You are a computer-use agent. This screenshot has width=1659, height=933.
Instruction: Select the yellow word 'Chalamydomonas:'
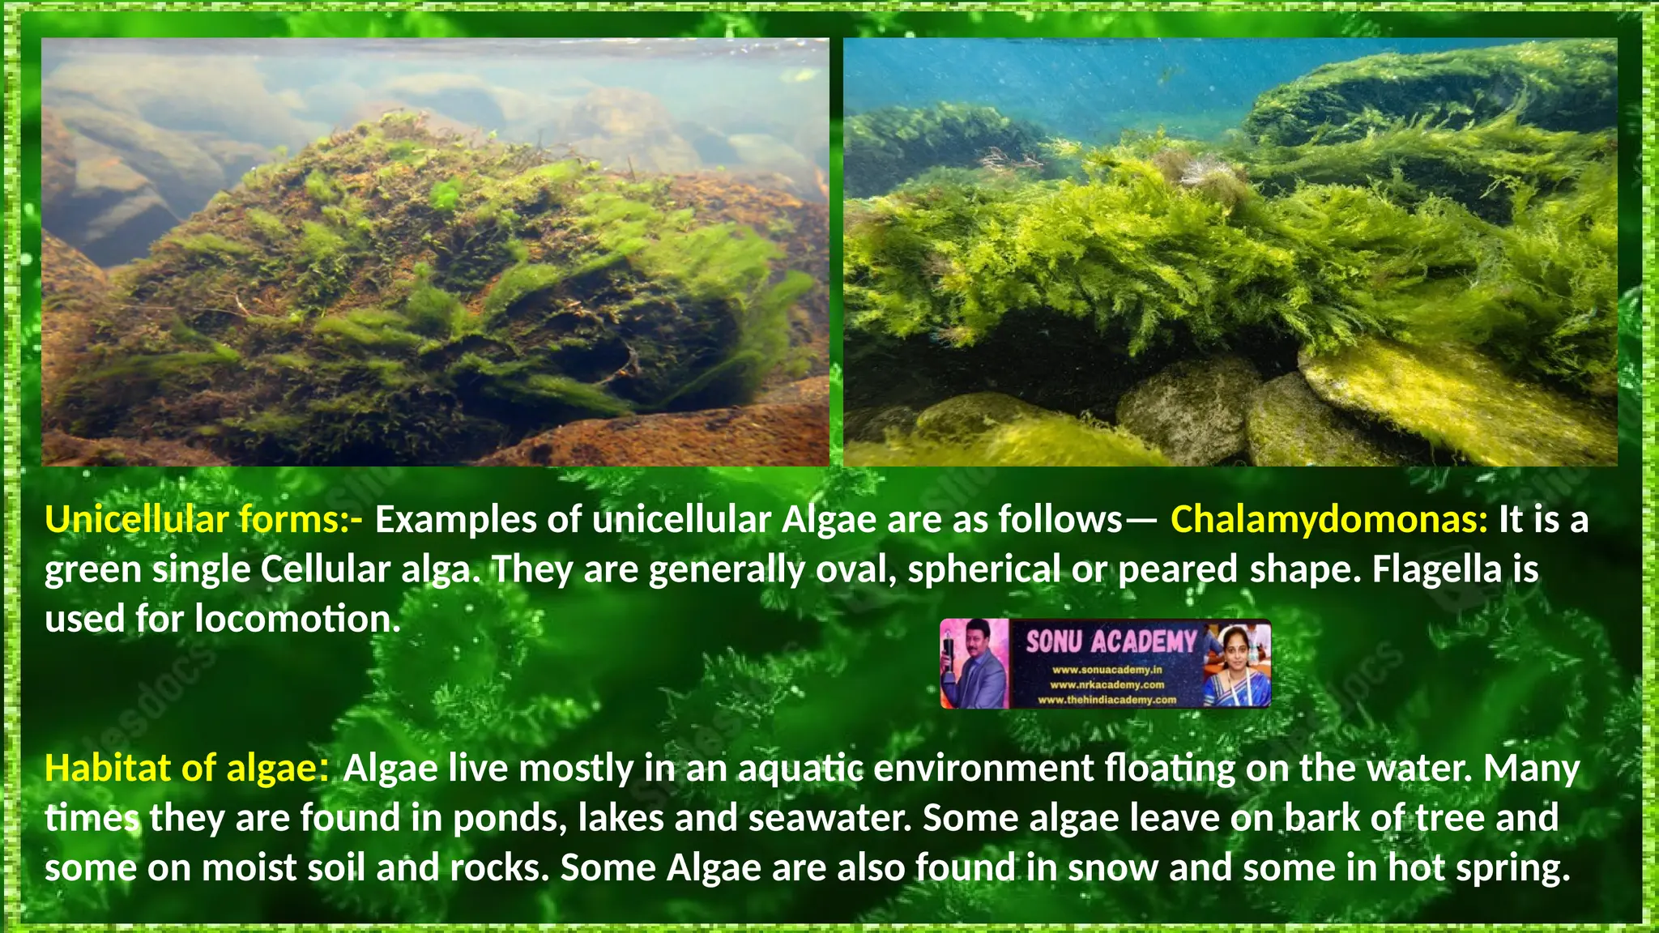pos(1328,520)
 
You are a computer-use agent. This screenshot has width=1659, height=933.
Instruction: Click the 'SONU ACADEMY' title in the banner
pos(1111,642)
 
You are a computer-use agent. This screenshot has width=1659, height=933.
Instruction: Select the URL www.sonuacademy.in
pos(1107,670)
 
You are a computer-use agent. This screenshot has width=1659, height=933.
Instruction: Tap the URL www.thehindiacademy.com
pos(1107,700)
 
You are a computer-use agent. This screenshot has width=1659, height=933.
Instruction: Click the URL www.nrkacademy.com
pos(1107,685)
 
